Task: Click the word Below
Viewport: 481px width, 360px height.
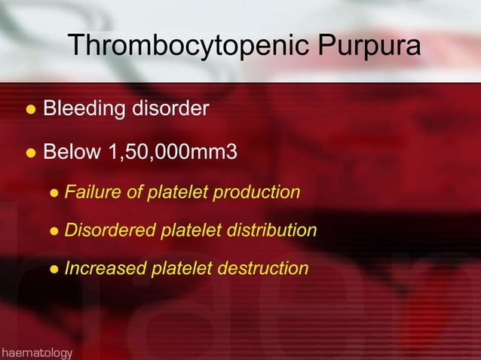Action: [x=72, y=153]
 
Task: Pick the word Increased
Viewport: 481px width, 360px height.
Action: [x=101, y=268]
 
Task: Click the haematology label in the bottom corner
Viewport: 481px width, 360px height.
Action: [x=37, y=352]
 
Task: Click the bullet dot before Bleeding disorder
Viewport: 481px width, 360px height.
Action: [x=30, y=110]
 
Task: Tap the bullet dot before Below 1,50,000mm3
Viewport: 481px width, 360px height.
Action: [x=30, y=154]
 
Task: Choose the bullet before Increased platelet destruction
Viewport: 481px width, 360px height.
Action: [x=54, y=269]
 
